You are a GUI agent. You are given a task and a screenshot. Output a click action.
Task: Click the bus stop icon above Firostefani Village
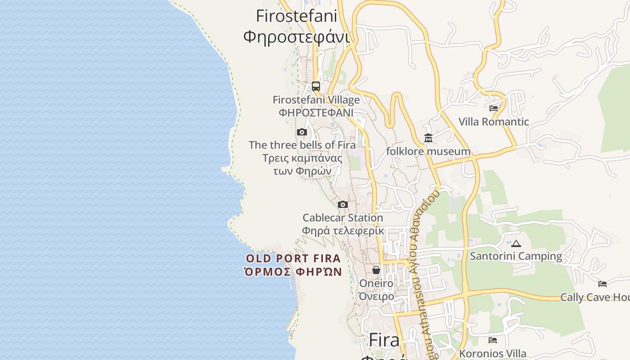coord(316,86)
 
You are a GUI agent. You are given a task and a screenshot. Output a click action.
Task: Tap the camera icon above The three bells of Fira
coord(302,132)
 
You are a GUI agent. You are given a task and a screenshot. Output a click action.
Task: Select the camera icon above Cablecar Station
coord(343,204)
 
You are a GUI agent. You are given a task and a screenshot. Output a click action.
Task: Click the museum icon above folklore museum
coord(428,138)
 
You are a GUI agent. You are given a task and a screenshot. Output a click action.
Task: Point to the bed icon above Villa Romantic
coord(494,108)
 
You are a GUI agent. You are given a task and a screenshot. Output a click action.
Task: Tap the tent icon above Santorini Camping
coord(516,244)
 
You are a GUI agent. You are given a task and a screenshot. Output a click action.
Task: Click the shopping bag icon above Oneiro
coord(376,270)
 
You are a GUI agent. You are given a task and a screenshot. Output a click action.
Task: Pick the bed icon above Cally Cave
coord(603,283)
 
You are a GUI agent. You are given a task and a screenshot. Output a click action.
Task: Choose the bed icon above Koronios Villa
coord(493,340)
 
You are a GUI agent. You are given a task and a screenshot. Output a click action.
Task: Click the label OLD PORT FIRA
coord(293,259)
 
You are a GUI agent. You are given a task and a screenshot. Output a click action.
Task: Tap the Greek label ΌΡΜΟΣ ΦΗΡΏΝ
coord(293,272)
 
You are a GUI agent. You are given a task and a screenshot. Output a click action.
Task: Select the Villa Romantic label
coord(494,122)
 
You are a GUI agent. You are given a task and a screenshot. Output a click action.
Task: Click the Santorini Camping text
coord(516,256)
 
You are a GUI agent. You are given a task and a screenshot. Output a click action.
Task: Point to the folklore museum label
coord(428,151)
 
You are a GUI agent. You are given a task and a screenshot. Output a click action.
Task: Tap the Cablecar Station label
coord(343,218)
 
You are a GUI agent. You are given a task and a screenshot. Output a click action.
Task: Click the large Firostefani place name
coord(296,16)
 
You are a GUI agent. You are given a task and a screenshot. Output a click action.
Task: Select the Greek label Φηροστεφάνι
coord(296,37)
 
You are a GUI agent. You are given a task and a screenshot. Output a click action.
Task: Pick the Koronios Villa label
coord(493,354)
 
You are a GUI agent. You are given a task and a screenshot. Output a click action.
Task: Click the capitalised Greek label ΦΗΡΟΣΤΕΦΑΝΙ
coord(316,112)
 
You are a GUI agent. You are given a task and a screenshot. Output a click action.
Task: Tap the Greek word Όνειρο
coord(376,296)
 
